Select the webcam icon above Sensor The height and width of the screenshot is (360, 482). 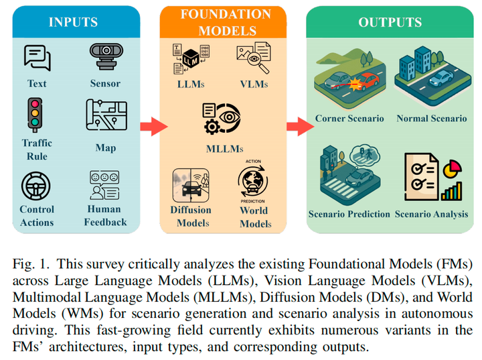click(x=106, y=58)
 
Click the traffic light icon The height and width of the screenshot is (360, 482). click(x=36, y=115)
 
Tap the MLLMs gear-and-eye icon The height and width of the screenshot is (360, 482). click(x=222, y=119)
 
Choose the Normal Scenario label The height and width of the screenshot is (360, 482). click(x=432, y=119)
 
